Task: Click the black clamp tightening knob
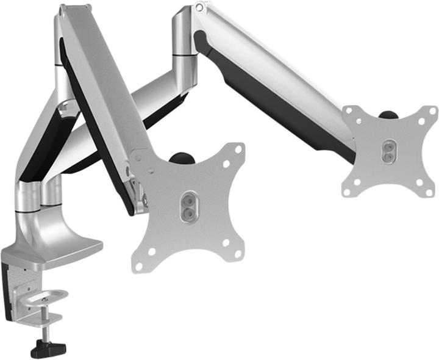[x=48, y=348]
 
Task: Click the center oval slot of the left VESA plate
[x=190, y=201]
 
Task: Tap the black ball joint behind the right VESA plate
[x=387, y=113]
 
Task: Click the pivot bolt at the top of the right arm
[x=199, y=7]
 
